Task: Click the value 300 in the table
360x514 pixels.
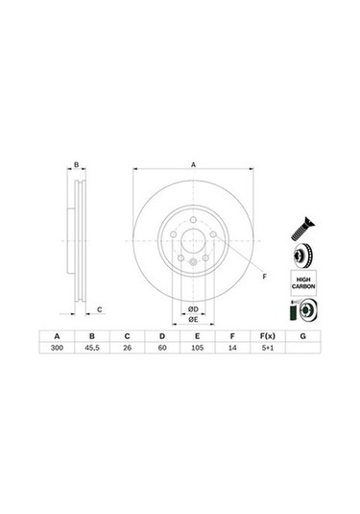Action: pyautogui.click(x=57, y=348)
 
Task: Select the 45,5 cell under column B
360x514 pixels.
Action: pyautogui.click(x=92, y=348)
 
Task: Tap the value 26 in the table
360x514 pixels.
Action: pyautogui.click(x=127, y=348)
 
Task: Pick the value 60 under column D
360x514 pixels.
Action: pyautogui.click(x=162, y=348)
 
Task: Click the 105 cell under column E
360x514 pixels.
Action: pyautogui.click(x=197, y=348)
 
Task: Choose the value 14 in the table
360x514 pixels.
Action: pyautogui.click(x=232, y=348)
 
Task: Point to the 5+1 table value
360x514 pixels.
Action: pyautogui.click(x=268, y=348)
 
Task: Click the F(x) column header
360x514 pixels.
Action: pyautogui.click(x=268, y=336)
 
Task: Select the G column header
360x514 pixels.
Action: pyautogui.click(x=303, y=336)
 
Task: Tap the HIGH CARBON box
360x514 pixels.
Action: pyautogui.click(x=303, y=282)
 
